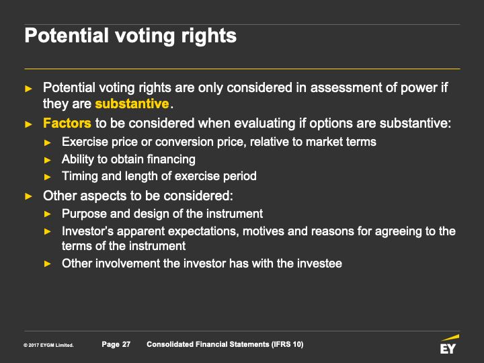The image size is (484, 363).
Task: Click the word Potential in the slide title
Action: coord(67,36)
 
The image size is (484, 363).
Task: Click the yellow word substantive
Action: coord(132,104)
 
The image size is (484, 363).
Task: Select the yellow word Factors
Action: coord(67,123)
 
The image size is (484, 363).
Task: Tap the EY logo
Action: coord(448,344)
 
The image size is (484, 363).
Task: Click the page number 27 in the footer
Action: coord(126,344)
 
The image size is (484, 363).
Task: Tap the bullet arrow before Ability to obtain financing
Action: coord(48,160)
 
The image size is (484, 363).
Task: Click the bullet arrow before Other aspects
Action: coord(28,196)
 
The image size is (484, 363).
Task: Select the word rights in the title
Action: coord(208,36)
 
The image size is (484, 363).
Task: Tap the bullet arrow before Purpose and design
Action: coord(48,214)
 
